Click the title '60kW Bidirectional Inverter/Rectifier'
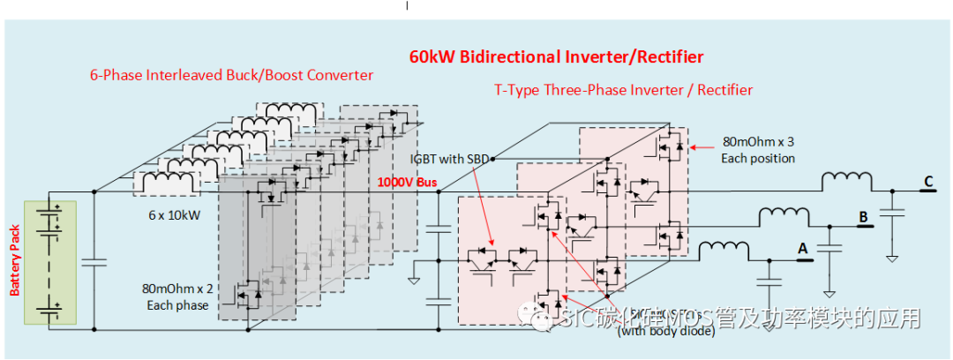(x=556, y=57)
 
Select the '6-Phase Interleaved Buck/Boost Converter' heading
(x=231, y=74)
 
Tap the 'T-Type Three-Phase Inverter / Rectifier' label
(x=623, y=89)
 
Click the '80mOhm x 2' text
(x=177, y=288)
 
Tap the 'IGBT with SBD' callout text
(x=448, y=159)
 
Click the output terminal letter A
(x=802, y=250)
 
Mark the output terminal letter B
(x=864, y=215)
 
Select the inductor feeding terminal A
(x=724, y=251)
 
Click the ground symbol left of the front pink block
(x=414, y=281)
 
